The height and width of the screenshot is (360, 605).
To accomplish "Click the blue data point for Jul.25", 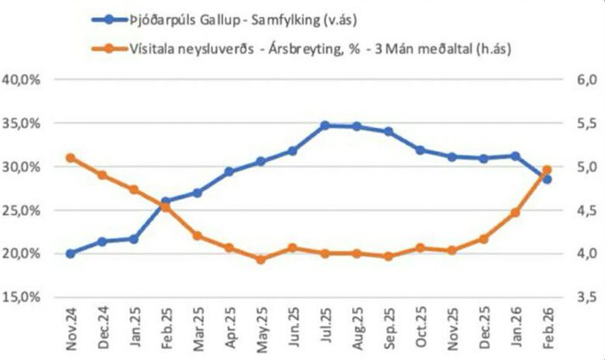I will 324,125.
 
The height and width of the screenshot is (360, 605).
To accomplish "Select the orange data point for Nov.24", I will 70,158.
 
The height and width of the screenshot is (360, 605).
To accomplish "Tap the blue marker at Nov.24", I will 70,253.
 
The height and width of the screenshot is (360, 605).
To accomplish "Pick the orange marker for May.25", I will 260,259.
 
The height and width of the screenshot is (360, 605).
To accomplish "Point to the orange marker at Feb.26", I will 546,170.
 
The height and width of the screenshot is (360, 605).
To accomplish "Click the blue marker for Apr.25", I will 229,172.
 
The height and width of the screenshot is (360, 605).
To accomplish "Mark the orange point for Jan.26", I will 515,212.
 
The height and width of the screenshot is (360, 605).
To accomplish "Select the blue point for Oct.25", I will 419,150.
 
